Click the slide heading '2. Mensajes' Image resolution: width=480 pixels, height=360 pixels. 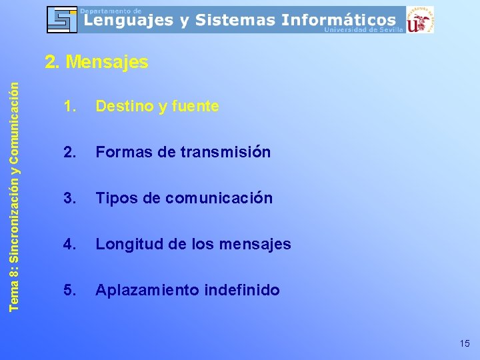(x=96, y=63)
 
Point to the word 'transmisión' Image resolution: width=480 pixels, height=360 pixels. (x=225, y=152)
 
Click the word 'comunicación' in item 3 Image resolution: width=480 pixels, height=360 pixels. (x=219, y=198)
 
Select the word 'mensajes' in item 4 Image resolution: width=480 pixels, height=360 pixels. (x=258, y=244)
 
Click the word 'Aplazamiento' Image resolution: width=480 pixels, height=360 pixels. (x=138, y=290)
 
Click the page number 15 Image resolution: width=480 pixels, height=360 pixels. (x=464, y=344)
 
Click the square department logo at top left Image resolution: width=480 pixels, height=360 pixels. (x=62, y=19)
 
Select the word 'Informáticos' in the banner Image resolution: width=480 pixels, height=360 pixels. (x=339, y=21)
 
